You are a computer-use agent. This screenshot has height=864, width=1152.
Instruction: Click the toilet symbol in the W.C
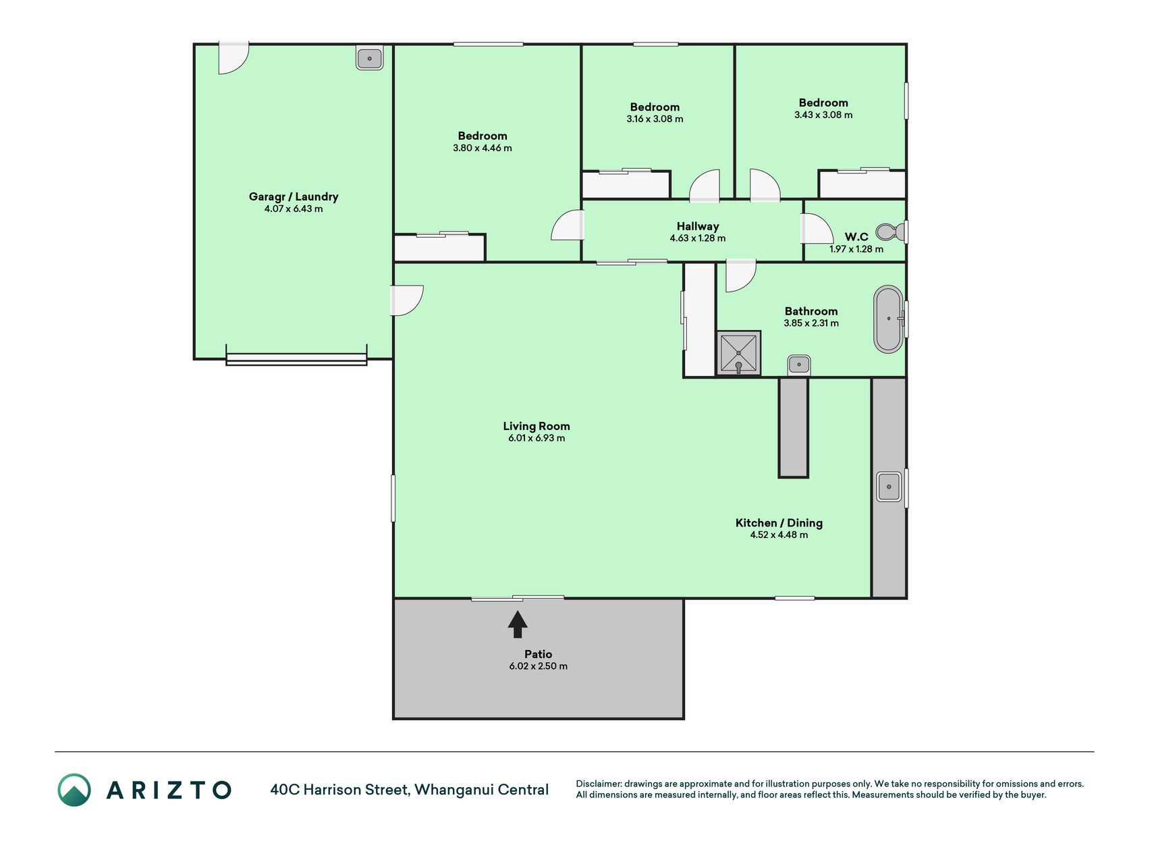(x=890, y=232)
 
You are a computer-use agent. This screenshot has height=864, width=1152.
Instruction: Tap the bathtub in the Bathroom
(x=889, y=319)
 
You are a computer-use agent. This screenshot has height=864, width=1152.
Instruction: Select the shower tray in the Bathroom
(x=738, y=352)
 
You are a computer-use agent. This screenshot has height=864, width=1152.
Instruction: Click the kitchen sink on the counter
(x=889, y=487)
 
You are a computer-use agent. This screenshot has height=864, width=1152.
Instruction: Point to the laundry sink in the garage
(x=369, y=58)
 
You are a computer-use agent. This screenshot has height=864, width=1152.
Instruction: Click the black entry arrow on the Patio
(x=518, y=624)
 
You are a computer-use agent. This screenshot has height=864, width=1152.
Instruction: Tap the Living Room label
(x=537, y=426)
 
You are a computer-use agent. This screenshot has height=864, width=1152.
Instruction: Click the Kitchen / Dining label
(x=779, y=522)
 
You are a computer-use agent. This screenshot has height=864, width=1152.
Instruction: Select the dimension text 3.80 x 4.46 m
(x=483, y=148)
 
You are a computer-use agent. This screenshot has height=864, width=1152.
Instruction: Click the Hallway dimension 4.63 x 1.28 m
(x=698, y=238)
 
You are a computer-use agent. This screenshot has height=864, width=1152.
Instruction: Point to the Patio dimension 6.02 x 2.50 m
(x=539, y=666)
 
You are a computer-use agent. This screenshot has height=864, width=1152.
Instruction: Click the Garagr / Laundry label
(x=294, y=196)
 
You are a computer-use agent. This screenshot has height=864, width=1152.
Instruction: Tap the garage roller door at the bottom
(x=296, y=358)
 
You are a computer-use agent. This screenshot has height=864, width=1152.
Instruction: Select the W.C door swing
(x=817, y=229)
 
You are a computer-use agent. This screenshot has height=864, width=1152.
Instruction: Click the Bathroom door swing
(x=741, y=276)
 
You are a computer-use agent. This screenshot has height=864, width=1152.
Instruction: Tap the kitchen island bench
(x=794, y=427)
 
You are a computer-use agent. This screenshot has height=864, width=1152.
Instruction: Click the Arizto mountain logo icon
(x=74, y=790)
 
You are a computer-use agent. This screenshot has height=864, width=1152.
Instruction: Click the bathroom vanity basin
(x=799, y=365)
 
